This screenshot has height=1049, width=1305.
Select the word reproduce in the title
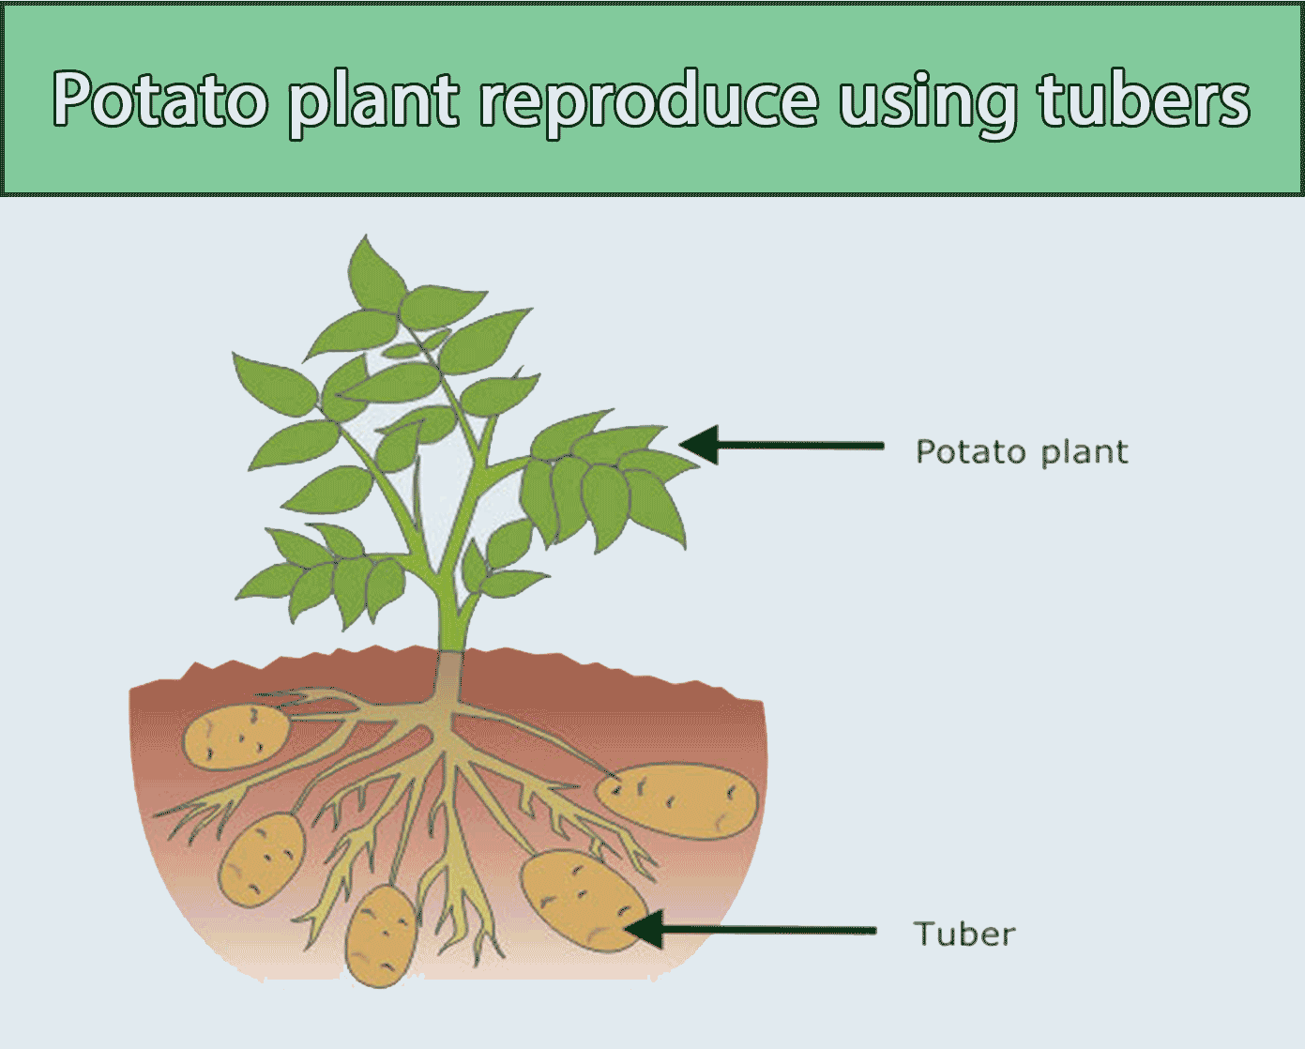[x=648, y=101]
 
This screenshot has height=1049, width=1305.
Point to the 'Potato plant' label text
[x=1021, y=452]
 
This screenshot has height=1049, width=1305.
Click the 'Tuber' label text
[x=964, y=935]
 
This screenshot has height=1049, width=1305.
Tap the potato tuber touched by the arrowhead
[x=584, y=899]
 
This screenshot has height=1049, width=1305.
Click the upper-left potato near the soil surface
[x=235, y=736]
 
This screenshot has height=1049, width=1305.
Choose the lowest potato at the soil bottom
[x=381, y=935]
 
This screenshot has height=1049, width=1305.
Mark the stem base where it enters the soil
[x=451, y=657]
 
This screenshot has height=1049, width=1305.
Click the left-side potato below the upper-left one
[x=262, y=858]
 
